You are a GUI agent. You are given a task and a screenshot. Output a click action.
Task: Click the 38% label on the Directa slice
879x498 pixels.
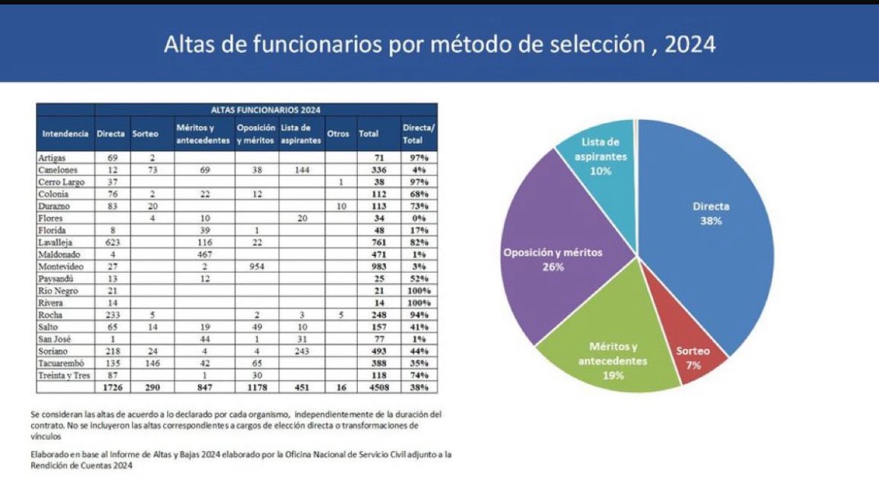click(710, 221)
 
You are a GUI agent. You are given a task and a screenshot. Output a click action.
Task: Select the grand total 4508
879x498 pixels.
click(369, 388)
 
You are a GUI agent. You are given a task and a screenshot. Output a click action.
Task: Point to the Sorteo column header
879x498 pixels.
click(145, 133)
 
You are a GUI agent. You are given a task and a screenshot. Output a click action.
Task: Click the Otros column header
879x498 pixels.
click(338, 133)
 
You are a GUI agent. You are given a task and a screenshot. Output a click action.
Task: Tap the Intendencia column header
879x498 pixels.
click(66, 133)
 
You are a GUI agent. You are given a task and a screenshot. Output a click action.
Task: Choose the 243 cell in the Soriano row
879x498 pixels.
click(301, 351)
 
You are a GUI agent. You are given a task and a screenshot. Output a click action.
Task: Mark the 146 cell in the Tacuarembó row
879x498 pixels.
click(151, 363)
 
